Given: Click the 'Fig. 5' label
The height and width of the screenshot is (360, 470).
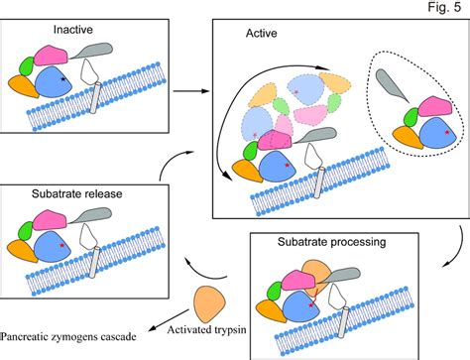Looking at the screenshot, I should click(x=444, y=9).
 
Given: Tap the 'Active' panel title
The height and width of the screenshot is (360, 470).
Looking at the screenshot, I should click(x=260, y=34).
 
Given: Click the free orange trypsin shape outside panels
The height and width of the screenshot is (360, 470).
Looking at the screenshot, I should click(x=213, y=299).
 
